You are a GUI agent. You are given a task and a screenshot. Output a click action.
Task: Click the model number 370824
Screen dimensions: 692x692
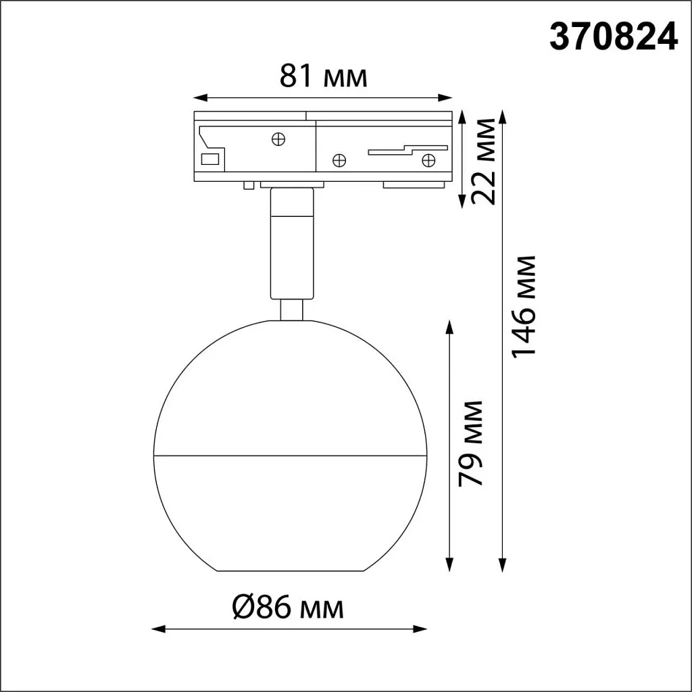click(x=613, y=37)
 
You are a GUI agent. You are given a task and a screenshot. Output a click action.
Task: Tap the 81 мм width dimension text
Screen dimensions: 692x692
click(x=324, y=77)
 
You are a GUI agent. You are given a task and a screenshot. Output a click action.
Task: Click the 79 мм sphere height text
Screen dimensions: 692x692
click(x=470, y=443)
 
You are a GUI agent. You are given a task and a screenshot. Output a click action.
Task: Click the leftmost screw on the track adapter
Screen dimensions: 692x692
click(x=277, y=139)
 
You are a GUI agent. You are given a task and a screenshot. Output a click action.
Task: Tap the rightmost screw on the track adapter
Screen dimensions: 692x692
click(x=427, y=159)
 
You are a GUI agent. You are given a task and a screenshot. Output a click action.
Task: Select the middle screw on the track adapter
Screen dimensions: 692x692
click(x=339, y=160)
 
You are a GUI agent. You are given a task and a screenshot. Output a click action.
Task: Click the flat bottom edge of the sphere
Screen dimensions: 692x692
click(x=291, y=572)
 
